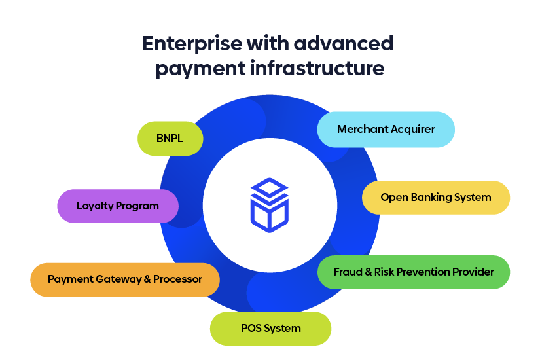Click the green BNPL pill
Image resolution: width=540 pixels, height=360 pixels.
(x=170, y=139)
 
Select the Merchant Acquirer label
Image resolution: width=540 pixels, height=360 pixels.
(x=386, y=129)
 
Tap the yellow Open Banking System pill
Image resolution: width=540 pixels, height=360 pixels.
(x=435, y=197)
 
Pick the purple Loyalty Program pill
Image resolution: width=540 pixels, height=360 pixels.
(x=118, y=206)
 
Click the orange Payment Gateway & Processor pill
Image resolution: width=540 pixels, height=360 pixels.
(x=124, y=279)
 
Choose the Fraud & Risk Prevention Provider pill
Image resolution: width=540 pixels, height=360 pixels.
(x=413, y=272)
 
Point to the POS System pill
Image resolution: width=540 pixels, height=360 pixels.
(x=270, y=328)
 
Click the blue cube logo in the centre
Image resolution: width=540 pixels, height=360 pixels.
(x=269, y=204)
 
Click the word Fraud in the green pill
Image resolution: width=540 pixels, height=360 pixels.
(x=346, y=272)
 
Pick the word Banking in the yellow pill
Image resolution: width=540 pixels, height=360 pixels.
(x=435, y=197)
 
